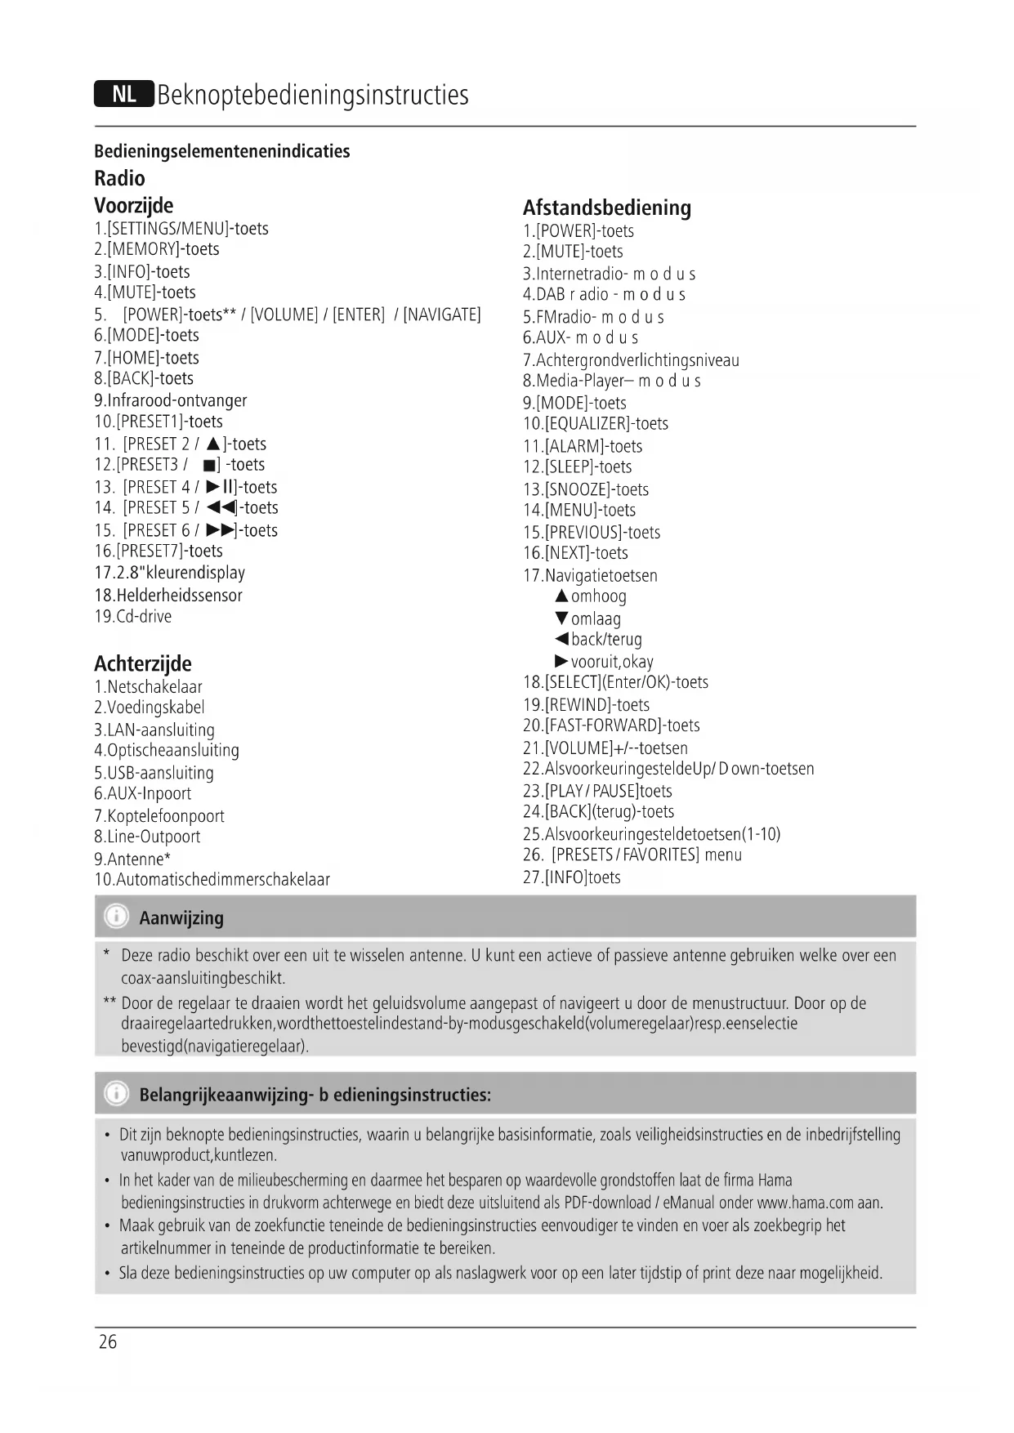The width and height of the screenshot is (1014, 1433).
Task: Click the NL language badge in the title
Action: click(123, 95)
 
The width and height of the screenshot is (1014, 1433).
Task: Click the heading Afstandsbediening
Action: click(606, 208)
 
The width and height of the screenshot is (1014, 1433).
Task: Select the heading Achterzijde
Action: click(143, 663)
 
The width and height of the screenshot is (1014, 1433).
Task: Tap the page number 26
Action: click(108, 1341)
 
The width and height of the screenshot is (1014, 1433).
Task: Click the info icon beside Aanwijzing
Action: click(118, 917)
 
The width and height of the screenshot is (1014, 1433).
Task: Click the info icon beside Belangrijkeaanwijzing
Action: click(118, 1093)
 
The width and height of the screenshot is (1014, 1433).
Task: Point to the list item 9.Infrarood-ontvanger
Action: click(170, 400)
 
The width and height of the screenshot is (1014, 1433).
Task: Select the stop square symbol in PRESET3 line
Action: click(208, 466)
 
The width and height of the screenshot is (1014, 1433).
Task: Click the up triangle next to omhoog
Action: click(561, 596)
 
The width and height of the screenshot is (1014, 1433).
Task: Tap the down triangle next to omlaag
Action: click(561, 618)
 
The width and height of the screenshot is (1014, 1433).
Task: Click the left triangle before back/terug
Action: click(561, 639)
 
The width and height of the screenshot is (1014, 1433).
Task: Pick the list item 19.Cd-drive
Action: click(132, 617)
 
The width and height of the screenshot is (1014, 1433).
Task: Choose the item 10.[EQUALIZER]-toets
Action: click(596, 424)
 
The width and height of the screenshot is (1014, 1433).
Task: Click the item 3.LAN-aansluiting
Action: click(154, 730)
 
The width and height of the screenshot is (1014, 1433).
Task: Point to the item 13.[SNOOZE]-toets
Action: click(586, 489)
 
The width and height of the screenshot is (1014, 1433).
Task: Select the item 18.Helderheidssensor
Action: click(168, 596)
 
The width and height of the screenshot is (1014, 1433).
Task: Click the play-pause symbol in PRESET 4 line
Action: click(216, 487)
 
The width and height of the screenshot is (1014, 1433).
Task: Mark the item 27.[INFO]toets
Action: click(572, 877)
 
